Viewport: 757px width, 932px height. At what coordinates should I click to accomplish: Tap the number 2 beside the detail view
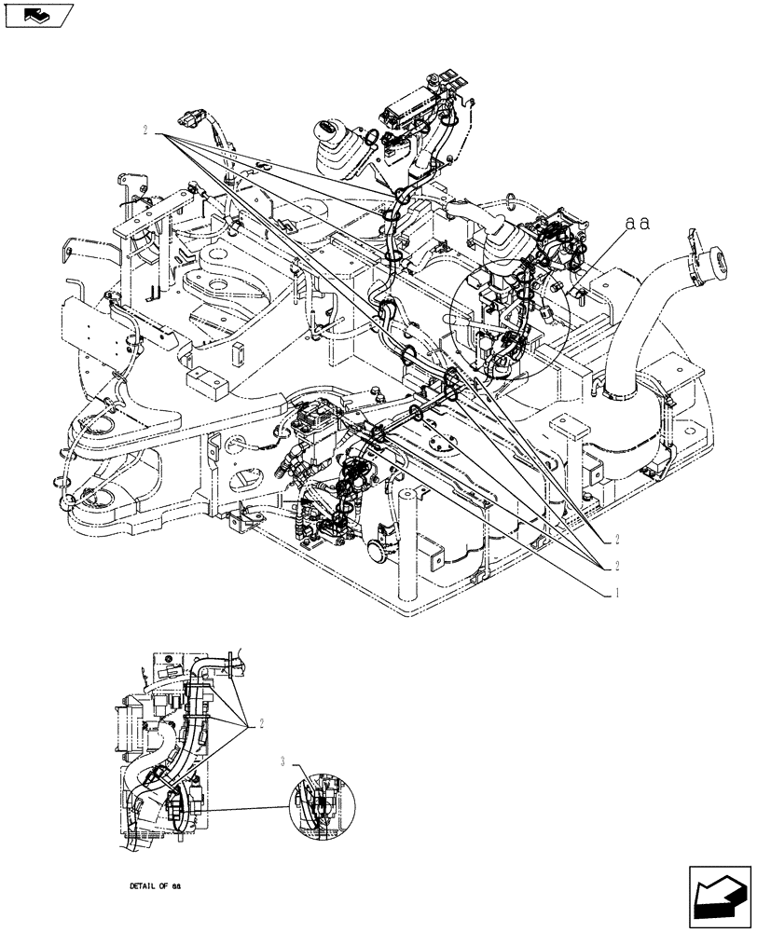262,722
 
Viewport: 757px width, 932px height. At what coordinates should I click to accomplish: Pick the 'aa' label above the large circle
638,225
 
